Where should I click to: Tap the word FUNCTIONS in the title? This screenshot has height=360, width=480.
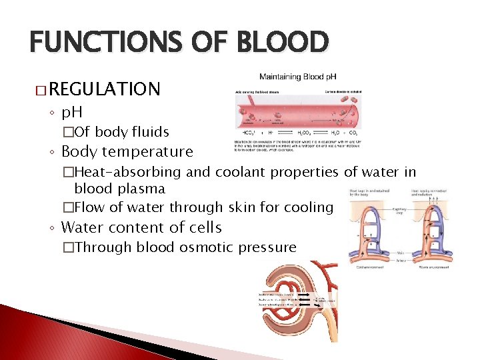tap(104, 43)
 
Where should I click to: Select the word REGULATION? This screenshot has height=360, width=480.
tap(105, 89)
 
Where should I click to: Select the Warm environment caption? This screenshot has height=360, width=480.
tap(431, 266)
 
